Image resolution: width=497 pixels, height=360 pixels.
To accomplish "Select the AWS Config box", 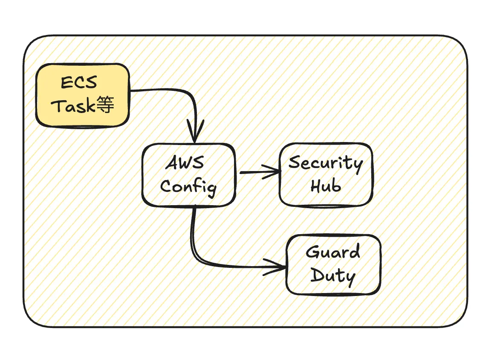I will (188, 175).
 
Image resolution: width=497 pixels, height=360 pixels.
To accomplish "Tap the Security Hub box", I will (326, 175).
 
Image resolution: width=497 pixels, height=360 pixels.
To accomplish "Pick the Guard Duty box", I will (333, 264).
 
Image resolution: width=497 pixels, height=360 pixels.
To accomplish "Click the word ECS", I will (79, 82).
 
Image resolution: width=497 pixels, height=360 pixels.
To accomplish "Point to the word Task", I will (73, 105).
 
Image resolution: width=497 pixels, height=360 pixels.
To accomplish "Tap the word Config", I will (188, 187).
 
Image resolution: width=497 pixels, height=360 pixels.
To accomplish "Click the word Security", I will (326, 163).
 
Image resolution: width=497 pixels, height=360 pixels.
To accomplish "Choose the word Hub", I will (326, 186).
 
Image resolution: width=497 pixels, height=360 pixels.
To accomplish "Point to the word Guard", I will (333, 252).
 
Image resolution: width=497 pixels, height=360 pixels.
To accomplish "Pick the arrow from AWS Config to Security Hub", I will (256, 172).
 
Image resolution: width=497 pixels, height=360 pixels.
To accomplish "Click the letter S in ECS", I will (90, 82).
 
